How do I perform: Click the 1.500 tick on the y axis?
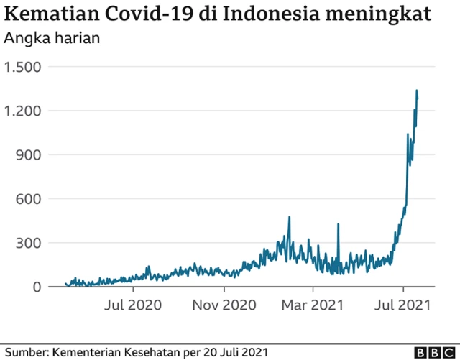coord(23,67)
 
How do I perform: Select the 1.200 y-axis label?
coord(23,111)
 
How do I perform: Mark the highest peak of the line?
coord(417,91)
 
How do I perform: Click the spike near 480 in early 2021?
coord(289,216)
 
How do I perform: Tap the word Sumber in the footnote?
coord(25,351)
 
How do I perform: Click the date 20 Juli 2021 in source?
coord(236,351)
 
